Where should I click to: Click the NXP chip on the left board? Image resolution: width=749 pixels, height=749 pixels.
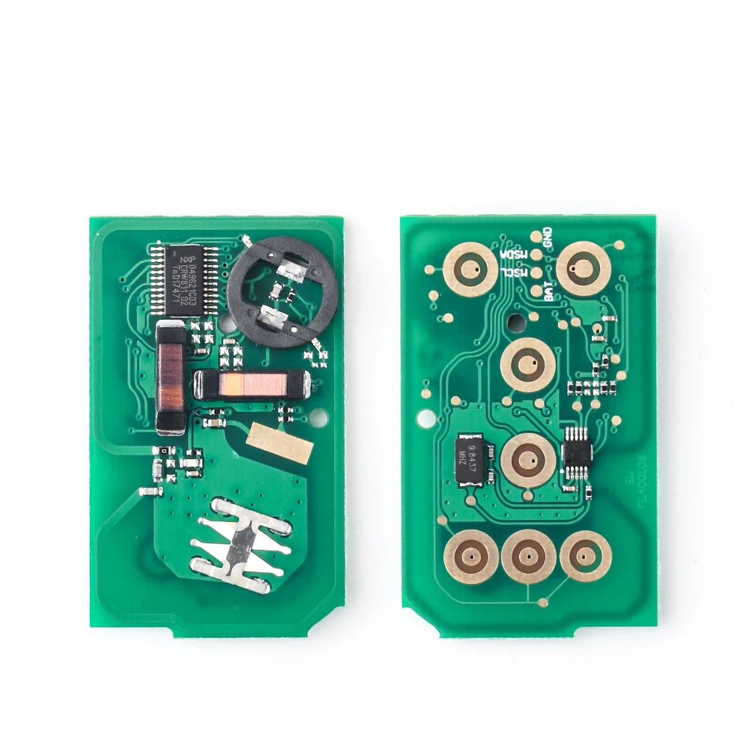(x=183, y=279)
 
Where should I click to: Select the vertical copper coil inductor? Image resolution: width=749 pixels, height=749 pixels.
(x=171, y=378)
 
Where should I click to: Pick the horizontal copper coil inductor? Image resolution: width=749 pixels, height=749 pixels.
(x=249, y=384)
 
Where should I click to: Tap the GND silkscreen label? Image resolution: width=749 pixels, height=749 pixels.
(x=547, y=237)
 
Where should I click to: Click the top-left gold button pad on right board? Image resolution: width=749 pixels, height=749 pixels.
(x=470, y=269)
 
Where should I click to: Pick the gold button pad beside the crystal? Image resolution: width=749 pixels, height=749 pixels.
(x=528, y=459)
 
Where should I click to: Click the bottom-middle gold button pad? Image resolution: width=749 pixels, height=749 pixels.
(x=528, y=557)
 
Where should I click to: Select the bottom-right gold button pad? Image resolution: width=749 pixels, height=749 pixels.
(x=586, y=556)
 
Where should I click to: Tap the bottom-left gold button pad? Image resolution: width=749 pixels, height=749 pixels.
(x=471, y=557)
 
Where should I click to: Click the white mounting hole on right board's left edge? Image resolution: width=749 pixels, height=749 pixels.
(x=425, y=416)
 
